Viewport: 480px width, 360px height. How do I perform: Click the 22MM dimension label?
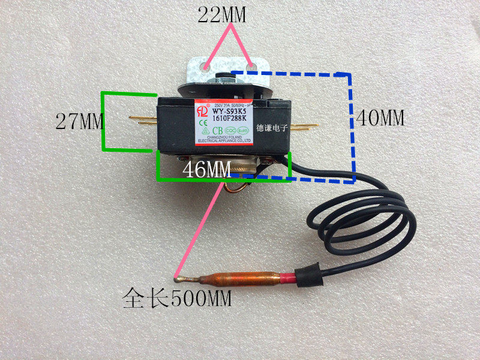(222, 16)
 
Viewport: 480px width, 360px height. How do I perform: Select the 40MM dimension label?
(380, 118)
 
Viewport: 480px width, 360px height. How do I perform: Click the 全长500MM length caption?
(177, 296)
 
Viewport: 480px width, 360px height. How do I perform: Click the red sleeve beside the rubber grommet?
(290, 277)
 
